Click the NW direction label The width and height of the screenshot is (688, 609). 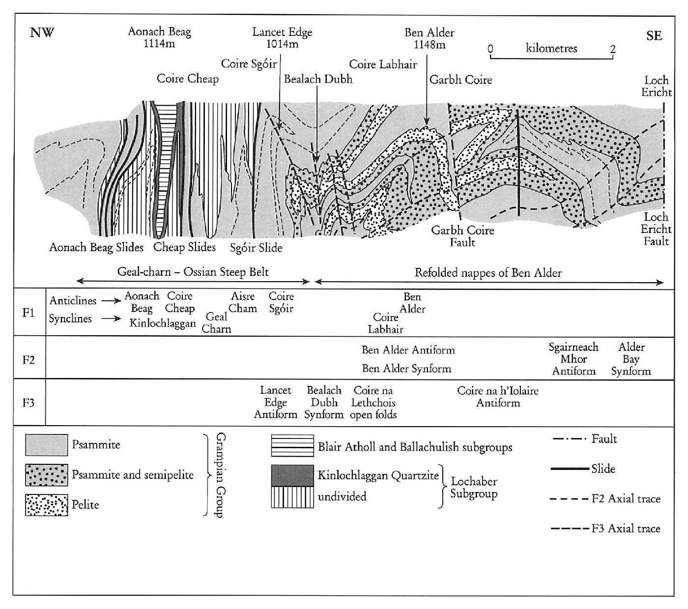coord(42,32)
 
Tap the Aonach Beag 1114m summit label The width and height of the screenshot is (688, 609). coord(159,37)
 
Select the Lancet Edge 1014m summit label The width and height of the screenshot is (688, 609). coord(282,38)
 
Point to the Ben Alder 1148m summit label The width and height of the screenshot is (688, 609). coord(429,39)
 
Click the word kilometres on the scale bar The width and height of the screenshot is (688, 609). coord(551,48)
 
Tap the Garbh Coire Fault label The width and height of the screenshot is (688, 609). coord(462,236)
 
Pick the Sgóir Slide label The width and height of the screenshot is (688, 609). coord(256,248)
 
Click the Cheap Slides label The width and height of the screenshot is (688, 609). coord(184,247)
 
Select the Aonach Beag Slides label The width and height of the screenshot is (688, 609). coord(96,247)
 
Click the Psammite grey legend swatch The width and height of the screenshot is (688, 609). coord(47,445)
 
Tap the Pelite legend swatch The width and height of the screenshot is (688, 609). coord(47,505)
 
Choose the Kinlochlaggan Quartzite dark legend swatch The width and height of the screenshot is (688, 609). coord(292,475)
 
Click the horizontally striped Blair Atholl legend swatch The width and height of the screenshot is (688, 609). coord(292,446)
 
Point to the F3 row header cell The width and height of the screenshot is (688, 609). coord(29,403)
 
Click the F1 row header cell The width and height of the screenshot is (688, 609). coord(29,313)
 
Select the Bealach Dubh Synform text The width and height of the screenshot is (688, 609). coord(324,402)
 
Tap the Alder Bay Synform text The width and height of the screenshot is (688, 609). coord(631,359)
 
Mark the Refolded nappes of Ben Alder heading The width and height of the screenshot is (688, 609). coord(488,272)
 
